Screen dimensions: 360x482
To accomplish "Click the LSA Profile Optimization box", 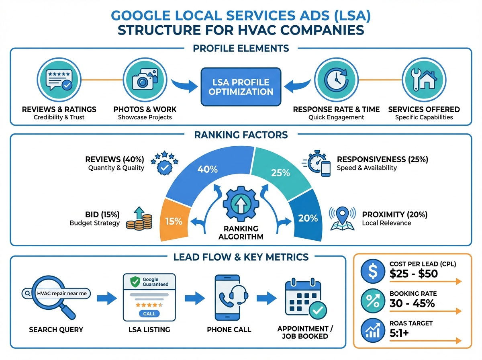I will [x=241, y=87].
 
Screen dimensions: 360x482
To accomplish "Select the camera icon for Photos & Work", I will [x=145, y=80].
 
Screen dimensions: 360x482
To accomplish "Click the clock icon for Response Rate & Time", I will [x=336, y=80].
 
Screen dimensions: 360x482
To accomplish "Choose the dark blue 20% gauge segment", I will [x=308, y=218].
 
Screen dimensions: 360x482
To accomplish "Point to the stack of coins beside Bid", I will [x=140, y=219].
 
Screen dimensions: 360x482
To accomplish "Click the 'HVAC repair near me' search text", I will [x=61, y=294].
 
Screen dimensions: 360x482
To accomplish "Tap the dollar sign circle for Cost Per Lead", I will [x=372, y=270].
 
